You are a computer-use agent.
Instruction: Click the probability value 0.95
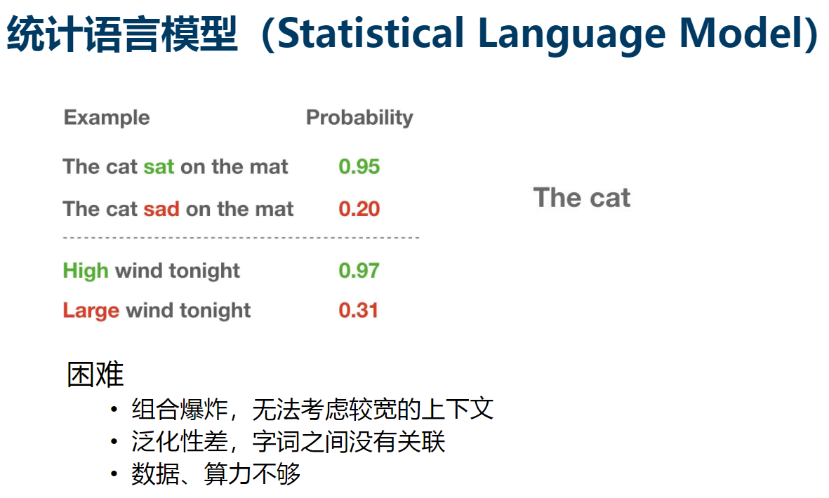coord(359,167)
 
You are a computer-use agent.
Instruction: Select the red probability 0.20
coord(359,209)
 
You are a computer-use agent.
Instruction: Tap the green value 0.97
coord(359,271)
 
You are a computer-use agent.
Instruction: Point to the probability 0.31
coord(359,311)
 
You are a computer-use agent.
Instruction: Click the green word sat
coord(159,168)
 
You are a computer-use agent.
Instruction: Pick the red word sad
coord(161,209)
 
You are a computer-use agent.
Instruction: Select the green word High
coord(86,271)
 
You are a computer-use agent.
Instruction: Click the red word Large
coord(91,311)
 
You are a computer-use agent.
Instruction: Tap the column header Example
coord(107,118)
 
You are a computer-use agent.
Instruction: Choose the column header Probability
coord(359,118)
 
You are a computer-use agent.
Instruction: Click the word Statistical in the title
coord(370,33)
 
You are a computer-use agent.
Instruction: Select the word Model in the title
coord(742,33)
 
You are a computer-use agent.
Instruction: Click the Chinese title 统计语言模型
coord(122,34)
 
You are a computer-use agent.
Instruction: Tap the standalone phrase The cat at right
coord(582,198)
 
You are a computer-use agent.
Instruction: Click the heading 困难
coord(95,375)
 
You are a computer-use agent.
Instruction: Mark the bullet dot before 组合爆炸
coord(114,410)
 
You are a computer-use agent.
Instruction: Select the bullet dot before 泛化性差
coord(114,441)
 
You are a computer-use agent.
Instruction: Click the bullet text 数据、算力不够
coord(215,473)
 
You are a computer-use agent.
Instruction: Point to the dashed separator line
coord(241,238)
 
